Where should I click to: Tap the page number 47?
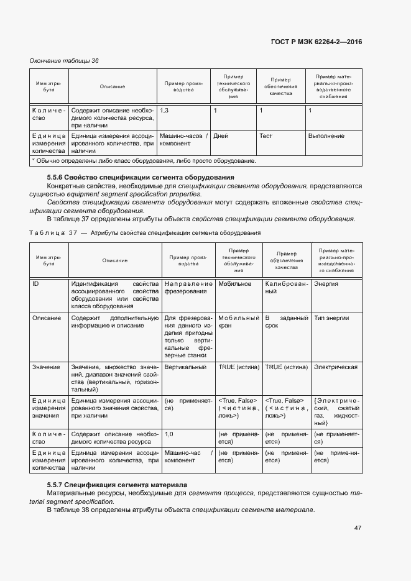pos(358,528)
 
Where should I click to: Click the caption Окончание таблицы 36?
pos(65,60)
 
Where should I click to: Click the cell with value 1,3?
pos(165,110)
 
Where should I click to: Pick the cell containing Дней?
pos(221,135)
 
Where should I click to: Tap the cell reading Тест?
pos(266,135)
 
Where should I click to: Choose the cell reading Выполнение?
pos(326,135)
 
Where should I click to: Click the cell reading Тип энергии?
pos(331,318)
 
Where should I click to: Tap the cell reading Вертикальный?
pos(186,367)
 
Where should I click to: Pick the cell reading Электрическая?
pos(336,367)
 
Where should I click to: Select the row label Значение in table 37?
pos(46,367)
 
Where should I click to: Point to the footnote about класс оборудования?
pos(144,161)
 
